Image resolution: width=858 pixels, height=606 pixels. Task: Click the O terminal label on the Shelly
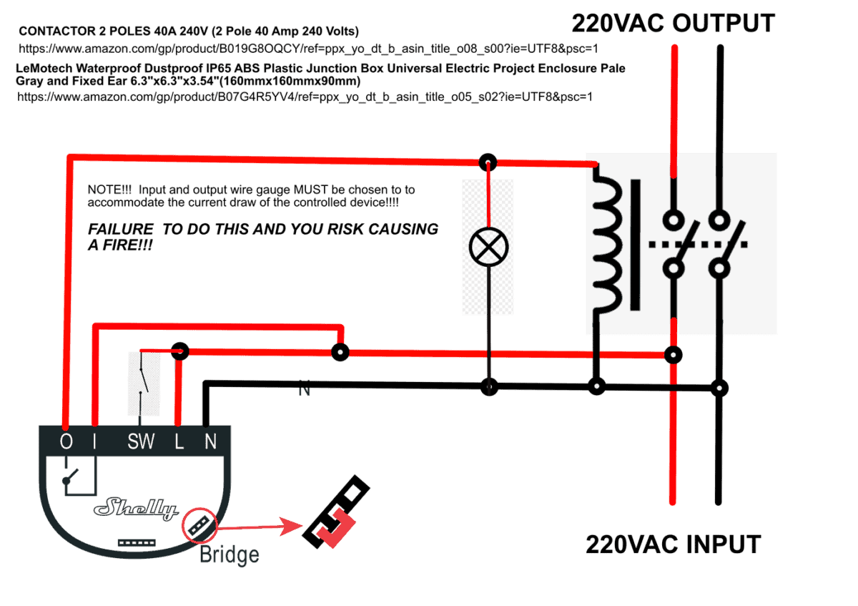pos(66,442)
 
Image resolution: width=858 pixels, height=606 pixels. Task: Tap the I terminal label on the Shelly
pos(94,442)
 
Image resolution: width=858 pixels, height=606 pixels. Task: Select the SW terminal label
pos(141,442)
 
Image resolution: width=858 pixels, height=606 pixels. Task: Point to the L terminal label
pos(179,442)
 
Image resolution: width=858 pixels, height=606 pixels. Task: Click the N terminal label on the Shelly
pos(210,442)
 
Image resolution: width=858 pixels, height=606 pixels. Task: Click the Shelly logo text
pos(136,509)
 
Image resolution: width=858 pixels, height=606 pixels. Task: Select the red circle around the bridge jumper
pos(199,527)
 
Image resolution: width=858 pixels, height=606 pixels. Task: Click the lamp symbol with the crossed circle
pos(488,248)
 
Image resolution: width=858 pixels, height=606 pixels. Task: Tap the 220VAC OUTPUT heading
pos(672,24)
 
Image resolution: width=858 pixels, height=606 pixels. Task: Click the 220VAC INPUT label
pos(673,544)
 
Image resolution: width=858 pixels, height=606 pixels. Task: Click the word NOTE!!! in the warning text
pos(109,190)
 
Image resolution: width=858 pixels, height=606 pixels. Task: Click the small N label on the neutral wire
pos(305,391)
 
